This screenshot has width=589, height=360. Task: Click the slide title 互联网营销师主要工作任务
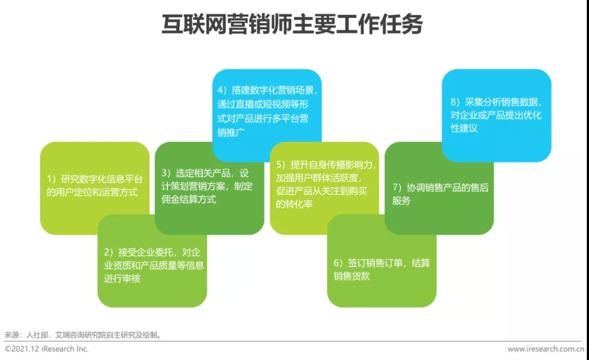click(x=292, y=25)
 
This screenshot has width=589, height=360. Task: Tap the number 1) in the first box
click(x=52, y=179)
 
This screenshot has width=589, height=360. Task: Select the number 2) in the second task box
click(x=109, y=252)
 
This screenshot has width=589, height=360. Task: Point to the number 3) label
click(x=167, y=173)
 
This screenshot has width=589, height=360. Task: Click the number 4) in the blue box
click(x=223, y=90)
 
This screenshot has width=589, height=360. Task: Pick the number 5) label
click(x=281, y=165)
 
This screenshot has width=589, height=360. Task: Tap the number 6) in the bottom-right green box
click(x=339, y=263)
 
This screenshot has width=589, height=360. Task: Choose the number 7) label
click(x=398, y=188)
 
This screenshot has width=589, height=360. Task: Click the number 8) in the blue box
click(x=455, y=102)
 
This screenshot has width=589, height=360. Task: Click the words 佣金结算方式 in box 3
click(x=189, y=199)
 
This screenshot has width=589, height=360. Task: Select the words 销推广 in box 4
click(x=231, y=133)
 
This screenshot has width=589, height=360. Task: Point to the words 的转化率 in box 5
click(x=294, y=204)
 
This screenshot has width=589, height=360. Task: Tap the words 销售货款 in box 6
click(x=352, y=276)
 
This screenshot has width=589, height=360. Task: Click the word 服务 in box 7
click(x=401, y=201)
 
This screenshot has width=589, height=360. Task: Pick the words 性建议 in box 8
click(x=464, y=128)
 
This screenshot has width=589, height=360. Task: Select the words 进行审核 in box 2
click(x=122, y=279)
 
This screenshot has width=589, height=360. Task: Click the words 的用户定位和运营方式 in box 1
click(x=92, y=192)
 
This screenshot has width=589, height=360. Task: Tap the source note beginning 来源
click(x=83, y=334)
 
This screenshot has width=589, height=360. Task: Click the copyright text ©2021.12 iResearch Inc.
click(x=46, y=349)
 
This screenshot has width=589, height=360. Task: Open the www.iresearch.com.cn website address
click(x=546, y=349)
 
